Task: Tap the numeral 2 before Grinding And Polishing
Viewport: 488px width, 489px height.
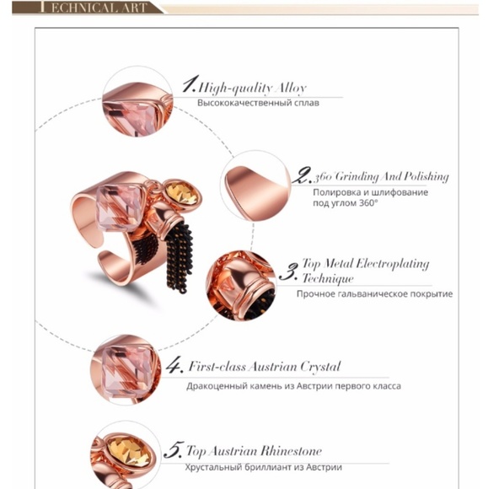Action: pos(302,175)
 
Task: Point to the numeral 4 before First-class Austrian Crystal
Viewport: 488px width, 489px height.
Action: pos(174,364)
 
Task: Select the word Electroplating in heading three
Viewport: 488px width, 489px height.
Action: pos(392,264)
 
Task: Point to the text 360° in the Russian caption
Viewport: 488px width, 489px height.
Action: pos(368,203)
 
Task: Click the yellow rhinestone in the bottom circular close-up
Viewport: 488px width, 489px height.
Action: pos(129,451)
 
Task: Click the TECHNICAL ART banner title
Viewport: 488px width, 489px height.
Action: pos(94,8)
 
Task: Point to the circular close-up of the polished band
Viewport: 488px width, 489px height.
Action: pos(255,185)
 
